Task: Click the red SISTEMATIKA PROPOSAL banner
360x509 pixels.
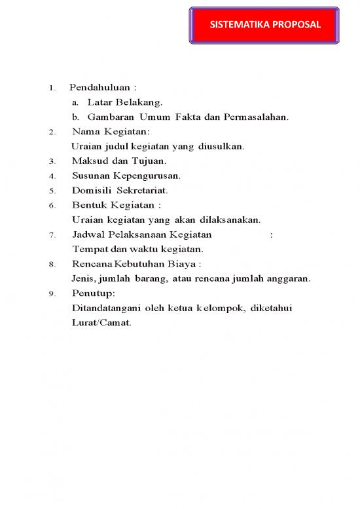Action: click(264, 26)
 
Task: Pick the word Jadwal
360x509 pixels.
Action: click(86, 235)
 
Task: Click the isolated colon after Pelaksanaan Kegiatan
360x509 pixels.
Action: click(272, 235)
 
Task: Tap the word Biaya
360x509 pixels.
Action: click(183, 264)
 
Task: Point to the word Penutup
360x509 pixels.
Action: click(92, 293)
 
